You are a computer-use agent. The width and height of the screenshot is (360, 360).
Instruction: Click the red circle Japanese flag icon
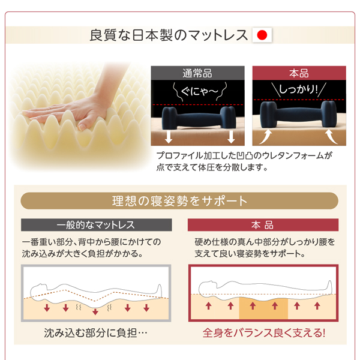coord(262,35)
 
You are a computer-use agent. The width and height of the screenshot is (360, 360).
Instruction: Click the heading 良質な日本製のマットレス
coord(169,35)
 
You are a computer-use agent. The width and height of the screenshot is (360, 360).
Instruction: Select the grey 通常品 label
coord(197,73)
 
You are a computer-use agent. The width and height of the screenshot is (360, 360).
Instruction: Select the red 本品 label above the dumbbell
coord(299,73)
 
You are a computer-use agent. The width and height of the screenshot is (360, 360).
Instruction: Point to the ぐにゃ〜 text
coord(200,92)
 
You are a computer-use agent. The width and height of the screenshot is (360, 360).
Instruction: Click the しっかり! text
coord(298,89)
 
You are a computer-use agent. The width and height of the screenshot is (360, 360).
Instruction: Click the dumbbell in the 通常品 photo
coord(199,118)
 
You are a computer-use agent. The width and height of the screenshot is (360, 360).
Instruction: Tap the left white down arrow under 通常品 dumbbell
coord(169,137)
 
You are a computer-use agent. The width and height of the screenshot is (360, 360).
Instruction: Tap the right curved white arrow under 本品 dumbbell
coord(331,136)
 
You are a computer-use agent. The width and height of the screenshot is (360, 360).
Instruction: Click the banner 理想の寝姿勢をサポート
coord(179,201)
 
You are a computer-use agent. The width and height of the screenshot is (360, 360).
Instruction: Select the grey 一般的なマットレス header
coord(97,225)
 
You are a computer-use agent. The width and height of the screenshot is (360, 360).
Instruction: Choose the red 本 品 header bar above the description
coord(263,225)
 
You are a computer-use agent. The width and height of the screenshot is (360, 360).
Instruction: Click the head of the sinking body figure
coord(38,291)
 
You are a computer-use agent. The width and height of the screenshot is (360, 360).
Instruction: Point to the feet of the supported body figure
coord(329,287)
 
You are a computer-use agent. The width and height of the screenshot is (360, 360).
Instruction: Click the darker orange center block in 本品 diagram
coord(263,308)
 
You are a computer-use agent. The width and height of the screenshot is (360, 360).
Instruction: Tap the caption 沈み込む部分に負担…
coord(96,333)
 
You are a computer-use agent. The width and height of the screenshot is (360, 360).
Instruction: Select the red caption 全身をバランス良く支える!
coord(264,333)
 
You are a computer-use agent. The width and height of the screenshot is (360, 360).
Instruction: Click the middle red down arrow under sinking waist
coord(95,311)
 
